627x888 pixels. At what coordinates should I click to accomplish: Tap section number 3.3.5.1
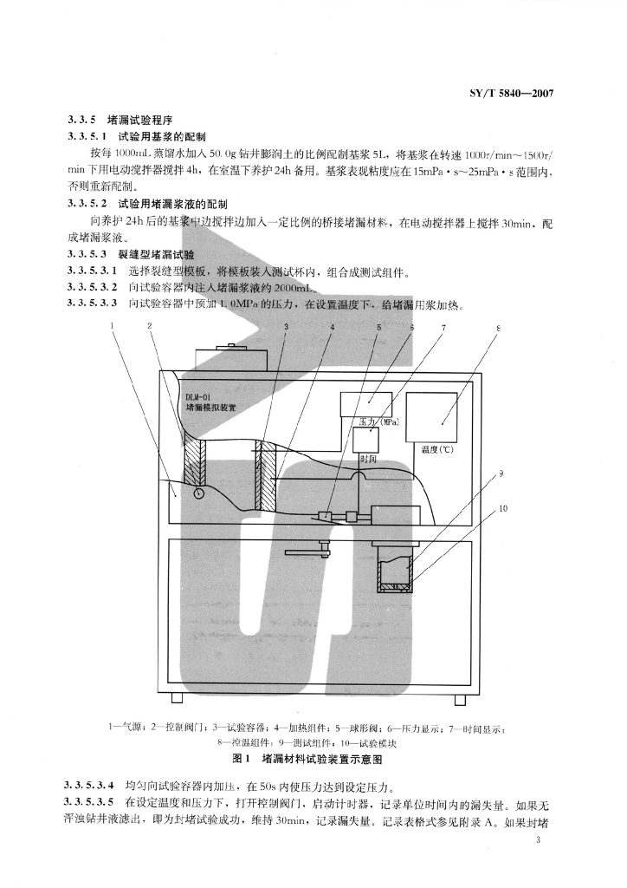pyautogui.click(x=87, y=136)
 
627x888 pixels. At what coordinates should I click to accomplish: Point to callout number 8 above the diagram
pyautogui.click(x=498, y=328)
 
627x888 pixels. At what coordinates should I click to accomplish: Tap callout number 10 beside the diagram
pyautogui.click(x=502, y=508)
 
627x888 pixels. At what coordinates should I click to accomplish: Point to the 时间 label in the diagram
pyautogui.click(x=368, y=459)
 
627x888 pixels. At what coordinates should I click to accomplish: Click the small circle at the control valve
pyautogui.click(x=198, y=493)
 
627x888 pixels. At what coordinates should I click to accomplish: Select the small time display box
pyautogui.click(x=366, y=440)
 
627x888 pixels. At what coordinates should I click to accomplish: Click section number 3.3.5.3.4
pyautogui.click(x=92, y=786)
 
